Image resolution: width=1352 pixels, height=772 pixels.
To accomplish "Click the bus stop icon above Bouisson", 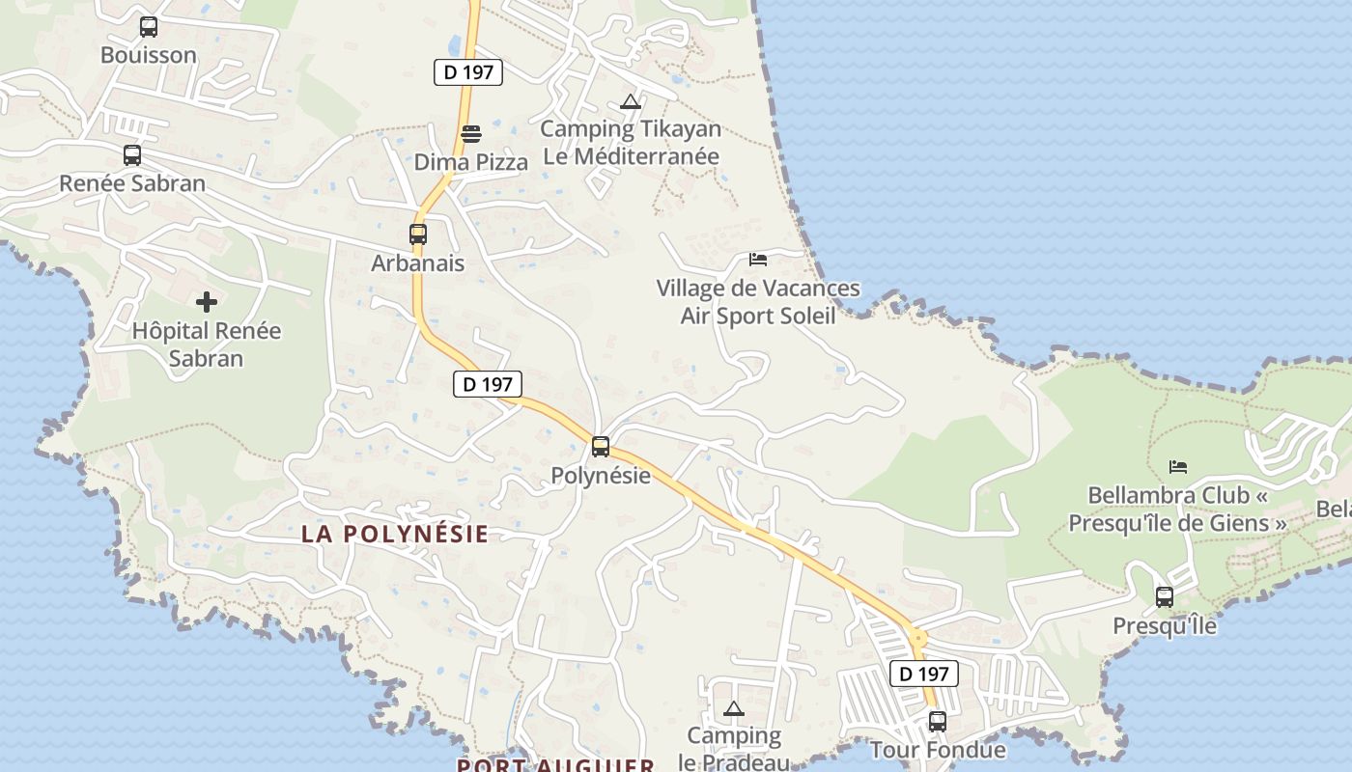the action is click(149, 27).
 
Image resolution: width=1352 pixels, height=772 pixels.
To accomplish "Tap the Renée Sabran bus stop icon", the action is click(132, 155).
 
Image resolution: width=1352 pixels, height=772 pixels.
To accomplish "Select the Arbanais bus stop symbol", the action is click(418, 234).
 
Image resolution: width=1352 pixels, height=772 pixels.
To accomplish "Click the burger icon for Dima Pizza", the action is click(471, 134).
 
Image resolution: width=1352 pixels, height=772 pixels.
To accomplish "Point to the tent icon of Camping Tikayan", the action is click(631, 101).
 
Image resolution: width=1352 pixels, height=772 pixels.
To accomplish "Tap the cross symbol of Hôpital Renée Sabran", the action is click(207, 302).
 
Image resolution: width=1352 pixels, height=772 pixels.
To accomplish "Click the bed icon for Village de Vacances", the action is click(758, 260).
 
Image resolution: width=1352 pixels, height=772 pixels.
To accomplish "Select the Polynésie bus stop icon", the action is click(601, 447).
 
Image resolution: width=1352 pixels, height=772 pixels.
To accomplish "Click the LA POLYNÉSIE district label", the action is click(395, 534).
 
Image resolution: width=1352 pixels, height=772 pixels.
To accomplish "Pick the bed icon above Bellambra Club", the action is click(1178, 467).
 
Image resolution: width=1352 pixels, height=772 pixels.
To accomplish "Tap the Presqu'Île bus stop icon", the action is click(1165, 597).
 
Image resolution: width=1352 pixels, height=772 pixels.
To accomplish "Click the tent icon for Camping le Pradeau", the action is click(734, 709).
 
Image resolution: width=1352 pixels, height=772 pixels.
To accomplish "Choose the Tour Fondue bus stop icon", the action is click(938, 721).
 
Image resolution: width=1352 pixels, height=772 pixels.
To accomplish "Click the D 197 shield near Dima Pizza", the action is click(468, 72).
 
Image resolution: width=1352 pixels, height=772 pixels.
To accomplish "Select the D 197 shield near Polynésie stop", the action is click(488, 384).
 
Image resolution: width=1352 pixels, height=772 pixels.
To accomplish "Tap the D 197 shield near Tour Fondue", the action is click(923, 674).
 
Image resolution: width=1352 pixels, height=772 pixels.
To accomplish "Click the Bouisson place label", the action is click(149, 55).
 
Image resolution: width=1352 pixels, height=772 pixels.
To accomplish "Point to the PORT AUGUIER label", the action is click(555, 765).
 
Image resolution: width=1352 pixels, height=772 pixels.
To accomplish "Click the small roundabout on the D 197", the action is click(917, 638).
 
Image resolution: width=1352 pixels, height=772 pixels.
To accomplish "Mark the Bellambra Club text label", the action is click(1178, 510).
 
